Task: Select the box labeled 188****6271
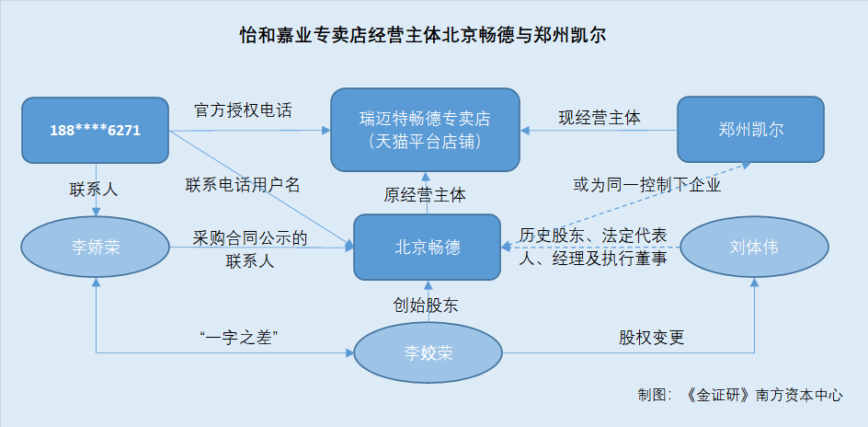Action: pyautogui.click(x=96, y=130)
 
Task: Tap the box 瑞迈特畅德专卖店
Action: pyautogui.click(x=425, y=130)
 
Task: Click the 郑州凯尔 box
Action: pyautogui.click(x=750, y=130)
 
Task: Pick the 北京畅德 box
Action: pyautogui.click(x=428, y=247)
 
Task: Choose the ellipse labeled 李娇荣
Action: pyautogui.click(x=96, y=247)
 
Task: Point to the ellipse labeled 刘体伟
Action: pyautogui.click(x=754, y=247)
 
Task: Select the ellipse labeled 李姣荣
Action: pyautogui.click(x=428, y=352)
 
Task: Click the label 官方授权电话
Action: pyautogui.click(x=243, y=110)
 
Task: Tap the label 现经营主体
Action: pyautogui.click(x=600, y=118)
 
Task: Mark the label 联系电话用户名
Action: pyautogui.click(x=243, y=185)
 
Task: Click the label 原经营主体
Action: pyautogui.click(x=425, y=195)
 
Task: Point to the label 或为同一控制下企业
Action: pyautogui.click(x=647, y=185)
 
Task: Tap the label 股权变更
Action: pyautogui.click(x=652, y=338)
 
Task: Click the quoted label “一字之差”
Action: pyautogui.click(x=237, y=338)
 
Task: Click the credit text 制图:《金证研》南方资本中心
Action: pyautogui.click(x=740, y=396)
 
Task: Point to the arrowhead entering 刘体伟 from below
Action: pyautogui.click(x=754, y=283)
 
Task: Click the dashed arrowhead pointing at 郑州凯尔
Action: pyautogui.click(x=747, y=165)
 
